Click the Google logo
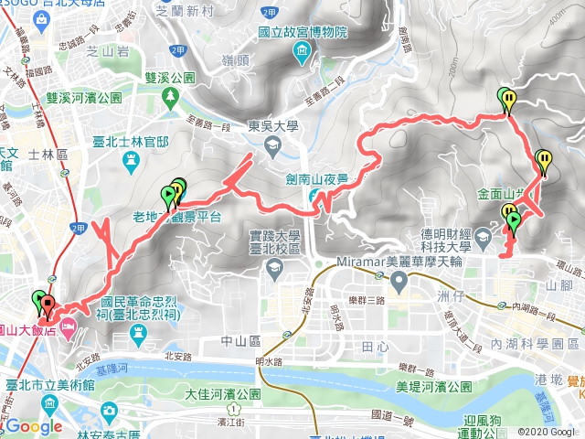33,426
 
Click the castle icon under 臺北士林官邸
131,157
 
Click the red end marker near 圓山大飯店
48,308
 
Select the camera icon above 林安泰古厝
111,410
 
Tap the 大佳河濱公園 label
223,395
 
